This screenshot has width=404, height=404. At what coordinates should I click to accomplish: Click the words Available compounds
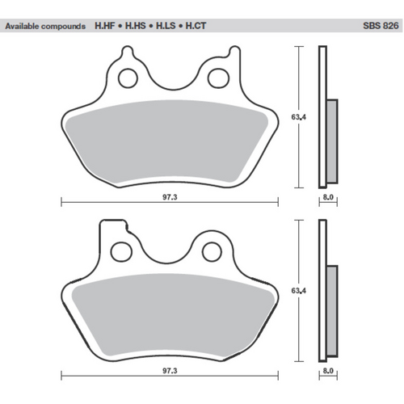click(x=45, y=26)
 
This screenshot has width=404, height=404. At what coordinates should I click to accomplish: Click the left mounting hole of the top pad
click(x=127, y=78)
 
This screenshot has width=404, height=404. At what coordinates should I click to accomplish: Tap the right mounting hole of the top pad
click(x=217, y=78)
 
